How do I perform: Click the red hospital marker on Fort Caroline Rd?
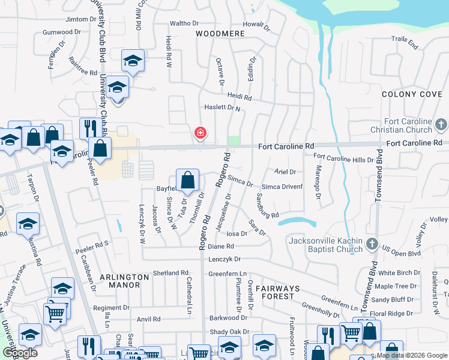200,133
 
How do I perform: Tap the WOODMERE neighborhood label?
220,34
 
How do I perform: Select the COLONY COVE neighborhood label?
412,94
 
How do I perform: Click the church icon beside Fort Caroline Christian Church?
441,125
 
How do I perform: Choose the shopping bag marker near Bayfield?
188,179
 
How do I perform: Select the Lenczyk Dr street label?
224,259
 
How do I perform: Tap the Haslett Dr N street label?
220,108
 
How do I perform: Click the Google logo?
20,352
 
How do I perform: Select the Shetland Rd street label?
170,273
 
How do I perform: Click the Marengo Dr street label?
319,179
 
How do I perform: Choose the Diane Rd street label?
221,246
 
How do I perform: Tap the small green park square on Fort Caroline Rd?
234,140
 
